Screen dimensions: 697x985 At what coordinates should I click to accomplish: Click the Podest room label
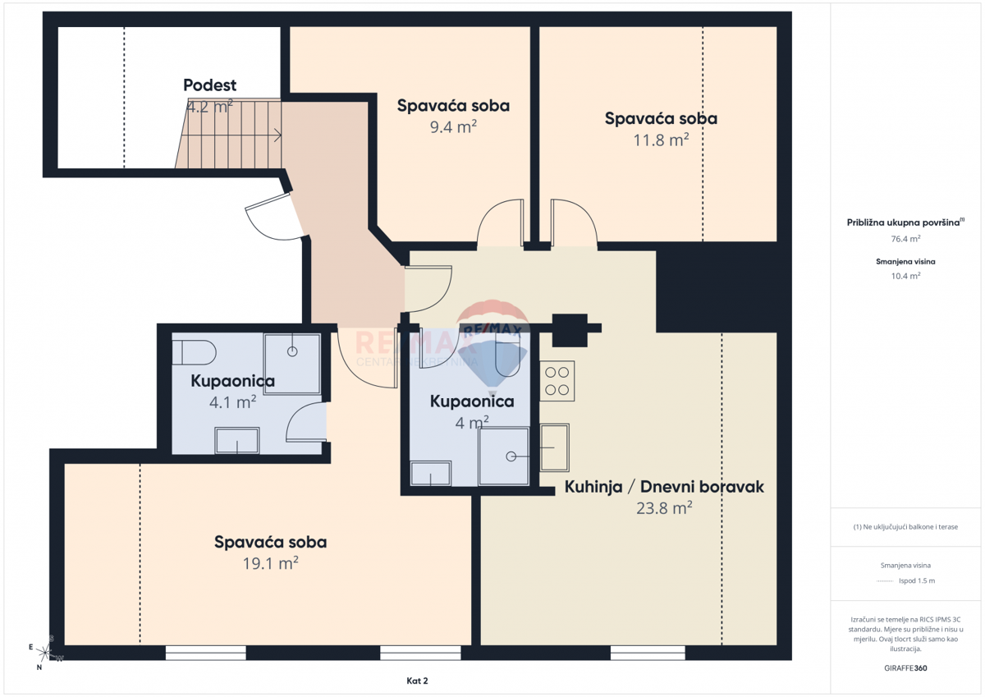pyautogui.click(x=210, y=85)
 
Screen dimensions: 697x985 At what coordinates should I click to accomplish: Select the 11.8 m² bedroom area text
pyautogui.click(x=661, y=140)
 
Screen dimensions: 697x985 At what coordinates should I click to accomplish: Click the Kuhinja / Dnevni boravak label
pyautogui.click(x=664, y=487)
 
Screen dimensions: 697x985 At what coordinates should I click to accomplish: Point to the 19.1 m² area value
pyautogui.click(x=270, y=563)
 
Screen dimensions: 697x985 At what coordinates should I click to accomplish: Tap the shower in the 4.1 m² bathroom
pyautogui.click(x=292, y=363)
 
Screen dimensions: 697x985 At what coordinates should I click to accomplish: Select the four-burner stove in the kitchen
pyautogui.click(x=557, y=382)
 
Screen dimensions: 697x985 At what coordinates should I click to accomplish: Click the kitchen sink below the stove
pyautogui.click(x=555, y=447)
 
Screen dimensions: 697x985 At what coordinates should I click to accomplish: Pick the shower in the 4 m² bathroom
pyautogui.click(x=503, y=456)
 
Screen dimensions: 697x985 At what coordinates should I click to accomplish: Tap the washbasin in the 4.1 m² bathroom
pyautogui.click(x=236, y=442)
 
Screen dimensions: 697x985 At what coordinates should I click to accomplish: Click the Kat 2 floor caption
pyautogui.click(x=417, y=681)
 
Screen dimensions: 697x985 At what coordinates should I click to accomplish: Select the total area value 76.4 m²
pyautogui.click(x=905, y=239)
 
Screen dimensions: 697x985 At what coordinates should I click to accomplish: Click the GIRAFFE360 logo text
pyautogui.click(x=905, y=668)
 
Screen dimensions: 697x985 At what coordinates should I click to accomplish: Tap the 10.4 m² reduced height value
pyautogui.click(x=905, y=276)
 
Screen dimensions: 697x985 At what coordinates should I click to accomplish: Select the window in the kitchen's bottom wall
pyautogui.click(x=648, y=653)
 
